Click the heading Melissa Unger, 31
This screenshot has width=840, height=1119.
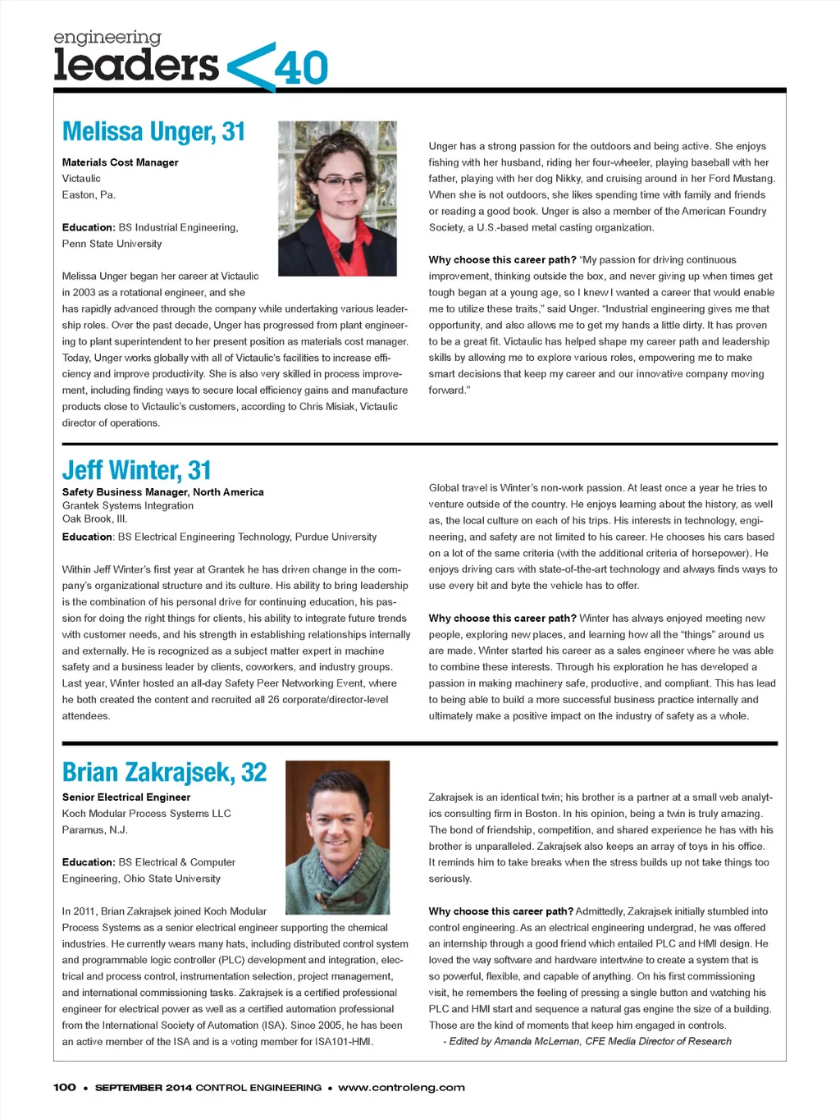point(153,132)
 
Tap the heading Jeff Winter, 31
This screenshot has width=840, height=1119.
point(136,470)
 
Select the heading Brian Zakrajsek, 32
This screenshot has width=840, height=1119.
point(164,773)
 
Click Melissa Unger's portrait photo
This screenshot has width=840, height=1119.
point(337,199)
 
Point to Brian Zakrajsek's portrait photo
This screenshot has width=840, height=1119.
point(336,837)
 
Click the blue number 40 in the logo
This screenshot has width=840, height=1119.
point(301,68)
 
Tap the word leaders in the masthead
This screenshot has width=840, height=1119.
point(136,65)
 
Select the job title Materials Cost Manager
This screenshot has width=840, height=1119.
point(120,162)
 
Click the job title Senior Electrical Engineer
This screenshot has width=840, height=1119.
point(126,797)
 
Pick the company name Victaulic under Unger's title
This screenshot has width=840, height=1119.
point(81,179)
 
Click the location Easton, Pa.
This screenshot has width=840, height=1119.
point(89,195)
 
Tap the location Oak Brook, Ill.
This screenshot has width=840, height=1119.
point(94,518)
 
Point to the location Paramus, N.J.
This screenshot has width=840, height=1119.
point(94,830)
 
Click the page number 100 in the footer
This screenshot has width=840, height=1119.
point(65,1088)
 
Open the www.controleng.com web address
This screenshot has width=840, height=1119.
point(401,1088)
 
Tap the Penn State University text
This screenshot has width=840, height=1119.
point(112,244)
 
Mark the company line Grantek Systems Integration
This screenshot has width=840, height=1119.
point(128,505)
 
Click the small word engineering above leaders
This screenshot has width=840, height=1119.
point(107,37)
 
